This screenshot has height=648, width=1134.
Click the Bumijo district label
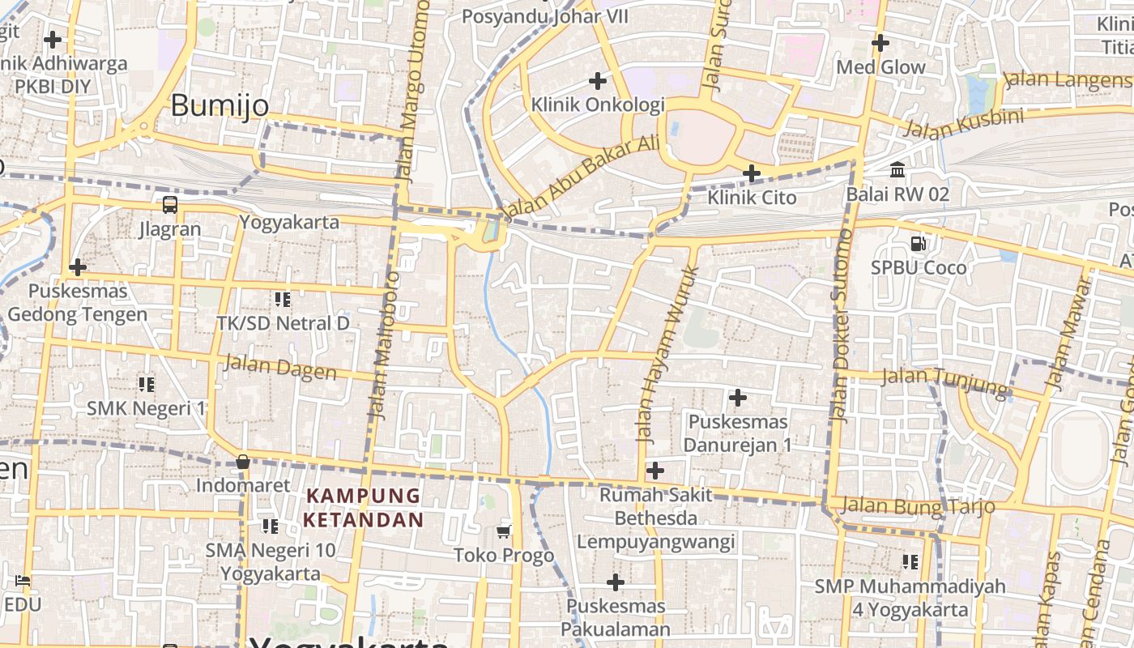pyautogui.click(x=220, y=105)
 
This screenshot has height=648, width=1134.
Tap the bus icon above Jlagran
pyautogui.click(x=170, y=204)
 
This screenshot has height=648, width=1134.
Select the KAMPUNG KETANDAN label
pyautogui.click(x=364, y=507)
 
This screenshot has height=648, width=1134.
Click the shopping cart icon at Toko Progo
pyautogui.click(x=504, y=531)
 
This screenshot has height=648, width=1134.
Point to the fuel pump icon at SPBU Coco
pyautogui.click(x=919, y=243)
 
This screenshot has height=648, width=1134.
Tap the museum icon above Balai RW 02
pyautogui.click(x=897, y=170)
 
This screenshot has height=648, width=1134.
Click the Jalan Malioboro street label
pyautogui.click(x=386, y=344)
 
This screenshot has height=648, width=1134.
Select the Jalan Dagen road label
pyautogui.click(x=280, y=367)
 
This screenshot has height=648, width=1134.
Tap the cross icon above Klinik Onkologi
pyautogui.click(x=598, y=81)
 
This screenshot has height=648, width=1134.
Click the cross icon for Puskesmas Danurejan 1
pyautogui.click(x=738, y=398)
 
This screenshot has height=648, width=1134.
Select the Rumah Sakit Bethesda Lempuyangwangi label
pyautogui.click(x=656, y=518)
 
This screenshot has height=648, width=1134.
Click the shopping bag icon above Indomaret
pyautogui.click(x=242, y=463)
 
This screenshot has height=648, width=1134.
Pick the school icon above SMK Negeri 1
pyautogui.click(x=147, y=384)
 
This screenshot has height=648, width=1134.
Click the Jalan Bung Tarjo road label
pyautogui.click(x=918, y=506)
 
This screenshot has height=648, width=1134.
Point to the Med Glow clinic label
pyautogui.click(x=880, y=67)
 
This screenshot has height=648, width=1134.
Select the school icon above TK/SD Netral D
pyautogui.click(x=282, y=300)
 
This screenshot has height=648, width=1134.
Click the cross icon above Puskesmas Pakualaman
pyautogui.click(x=616, y=582)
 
